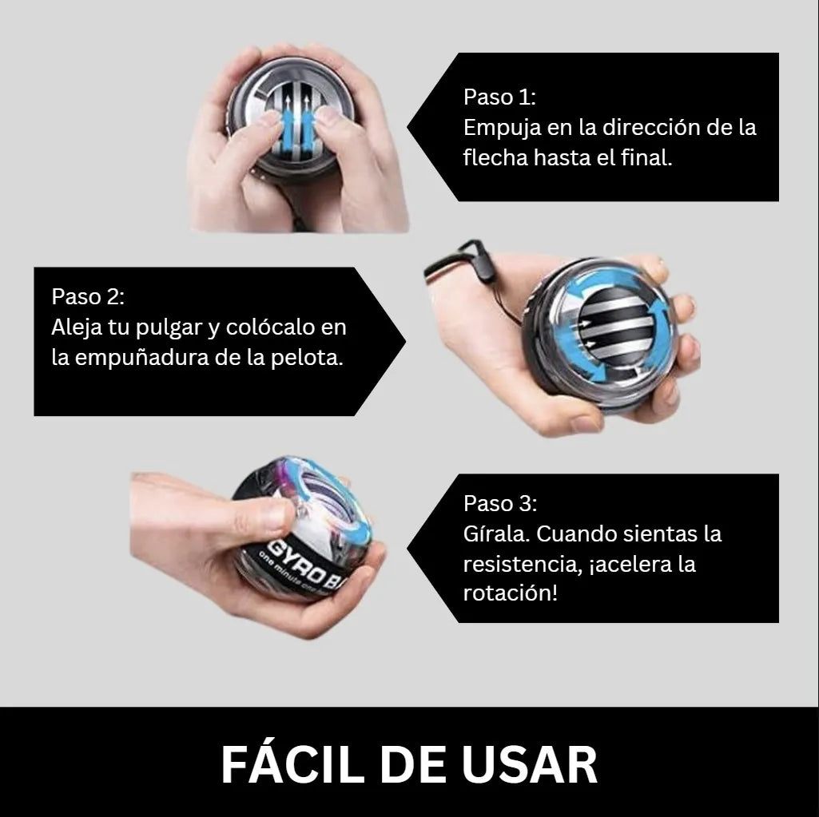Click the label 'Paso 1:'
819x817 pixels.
click(499, 97)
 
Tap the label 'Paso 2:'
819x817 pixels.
click(88, 296)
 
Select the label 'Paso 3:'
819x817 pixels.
click(500, 503)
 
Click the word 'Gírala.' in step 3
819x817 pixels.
click(496, 534)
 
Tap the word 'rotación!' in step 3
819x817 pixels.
click(511, 593)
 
